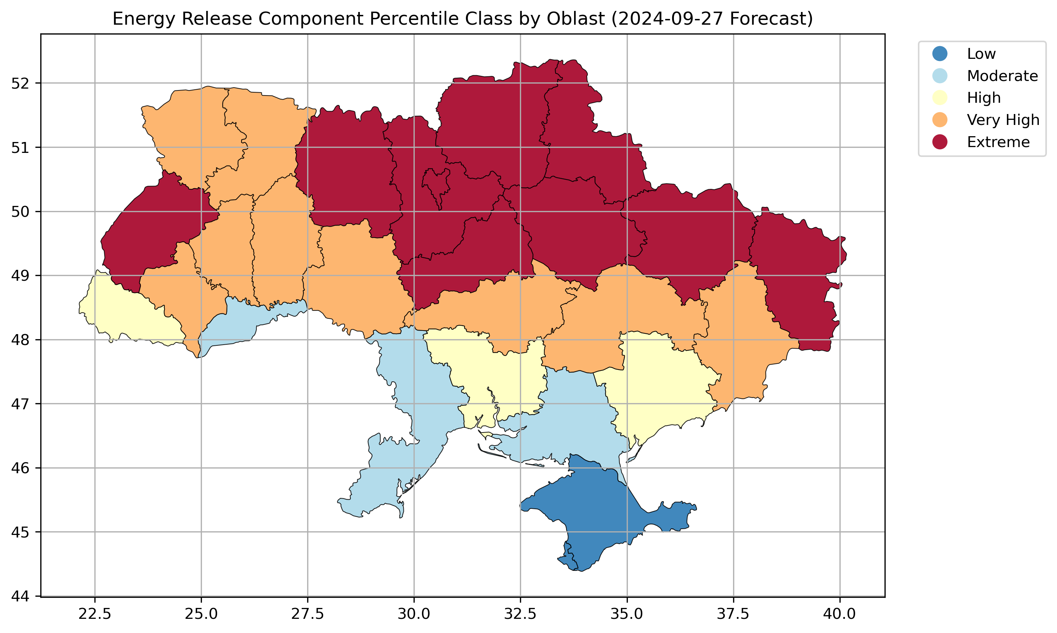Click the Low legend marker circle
coord(940,54)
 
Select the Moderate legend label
coord(1002,76)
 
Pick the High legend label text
coord(984,98)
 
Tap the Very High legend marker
coord(940,120)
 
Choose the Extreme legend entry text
coord(998,142)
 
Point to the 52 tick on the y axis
coord(20,83)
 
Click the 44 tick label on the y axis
coord(20,596)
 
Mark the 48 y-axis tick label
coord(20,340)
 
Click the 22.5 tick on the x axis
coord(95,614)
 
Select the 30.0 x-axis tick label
coord(414,614)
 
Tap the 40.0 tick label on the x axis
coord(839,614)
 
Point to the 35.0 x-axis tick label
coord(627,614)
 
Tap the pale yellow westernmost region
coord(128,311)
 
